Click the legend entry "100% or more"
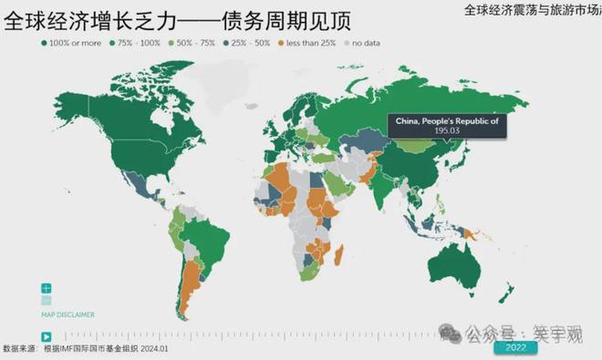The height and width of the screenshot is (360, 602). click(73, 43)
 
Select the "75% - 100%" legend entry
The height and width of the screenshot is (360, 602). click(136, 43)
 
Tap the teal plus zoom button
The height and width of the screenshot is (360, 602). click(46, 288)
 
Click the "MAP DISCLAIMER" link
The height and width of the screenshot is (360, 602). click(68, 314)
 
